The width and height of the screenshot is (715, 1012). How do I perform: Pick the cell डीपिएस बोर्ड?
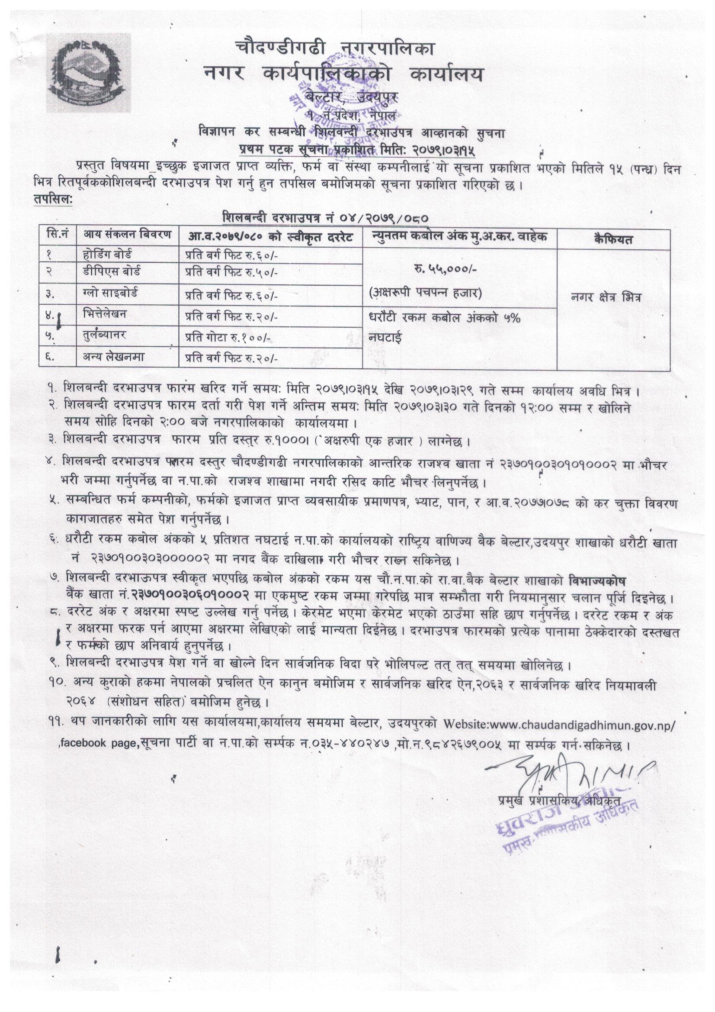pos(112,272)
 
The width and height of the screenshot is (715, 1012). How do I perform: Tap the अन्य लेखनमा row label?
pos(110,358)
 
